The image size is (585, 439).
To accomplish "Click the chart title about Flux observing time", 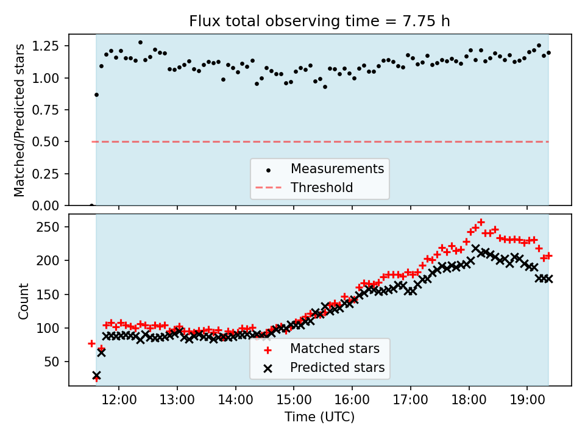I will coord(319,21).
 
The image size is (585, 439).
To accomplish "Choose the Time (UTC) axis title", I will coord(319,418).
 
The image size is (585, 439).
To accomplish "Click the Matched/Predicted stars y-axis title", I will coord(20,120).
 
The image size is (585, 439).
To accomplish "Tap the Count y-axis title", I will coord(24,301).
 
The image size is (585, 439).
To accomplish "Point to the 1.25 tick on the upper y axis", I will coord(46,46).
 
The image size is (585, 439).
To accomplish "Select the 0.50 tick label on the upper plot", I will coord(46,142).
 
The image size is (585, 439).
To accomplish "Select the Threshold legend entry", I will coord(322,187).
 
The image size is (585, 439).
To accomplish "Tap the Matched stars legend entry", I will coord(335,349).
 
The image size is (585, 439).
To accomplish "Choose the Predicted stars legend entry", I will coord(337,368).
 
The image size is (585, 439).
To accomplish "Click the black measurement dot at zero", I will coord(91,205).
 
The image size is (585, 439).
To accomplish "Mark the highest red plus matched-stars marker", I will coord(481,223).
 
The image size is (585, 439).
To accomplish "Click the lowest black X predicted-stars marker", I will coord(96,376).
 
